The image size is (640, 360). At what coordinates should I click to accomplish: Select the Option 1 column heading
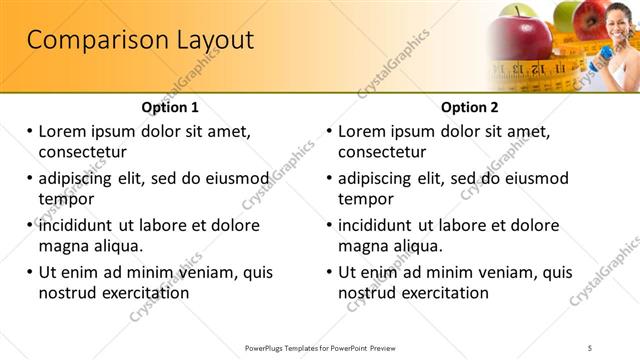[170, 108]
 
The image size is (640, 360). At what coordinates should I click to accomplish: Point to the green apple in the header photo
[568, 16]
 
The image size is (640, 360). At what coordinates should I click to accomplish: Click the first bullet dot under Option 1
[30, 131]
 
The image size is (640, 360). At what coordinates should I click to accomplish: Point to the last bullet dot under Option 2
[330, 272]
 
